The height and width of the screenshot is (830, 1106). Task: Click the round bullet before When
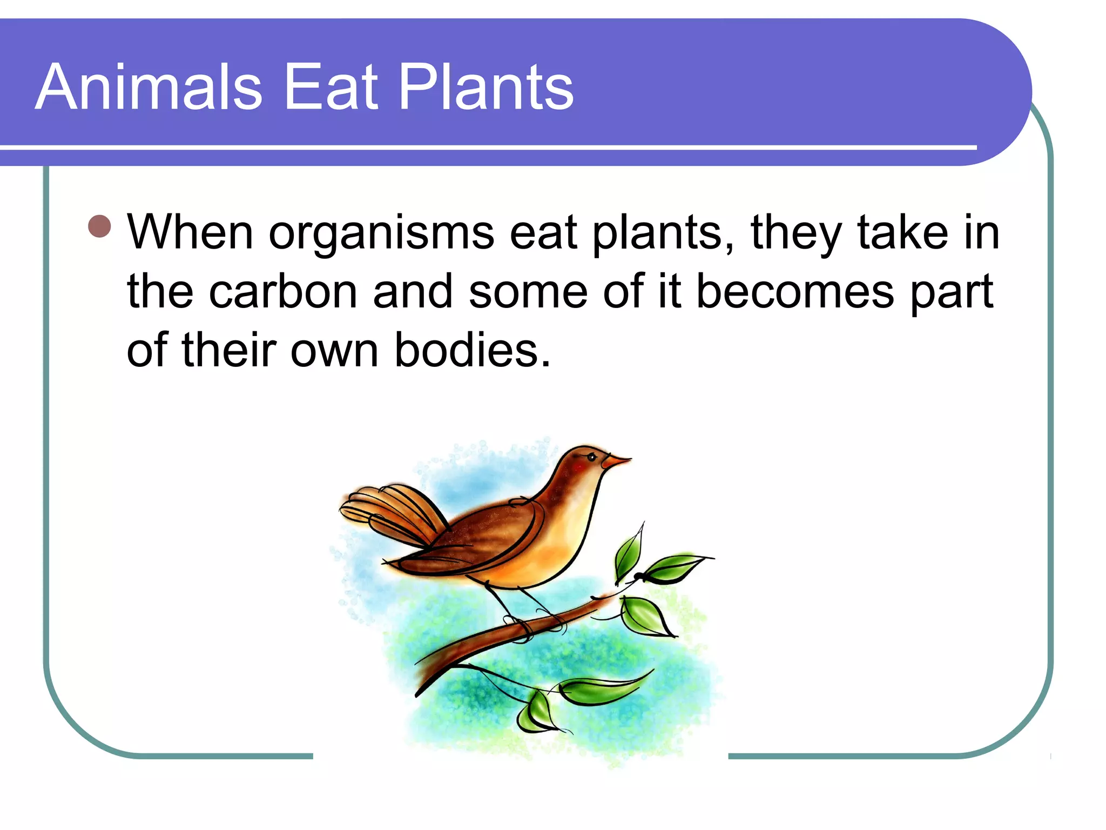(x=99, y=226)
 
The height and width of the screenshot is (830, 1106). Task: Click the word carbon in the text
(x=283, y=292)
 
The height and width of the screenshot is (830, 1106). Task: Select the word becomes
(x=795, y=292)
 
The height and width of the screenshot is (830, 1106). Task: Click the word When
(x=190, y=232)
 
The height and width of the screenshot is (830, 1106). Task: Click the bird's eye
(x=592, y=458)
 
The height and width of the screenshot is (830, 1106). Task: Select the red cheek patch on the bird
(x=579, y=466)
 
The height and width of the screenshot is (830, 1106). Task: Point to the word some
(x=528, y=292)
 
